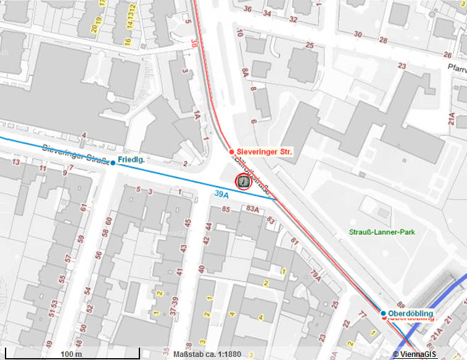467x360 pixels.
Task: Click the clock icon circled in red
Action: (243, 182)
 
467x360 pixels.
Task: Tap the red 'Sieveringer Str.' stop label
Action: (265, 151)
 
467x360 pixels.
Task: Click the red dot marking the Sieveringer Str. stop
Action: (231, 152)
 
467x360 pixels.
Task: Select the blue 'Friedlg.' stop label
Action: (131, 160)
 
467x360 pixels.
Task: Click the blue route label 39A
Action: (222, 194)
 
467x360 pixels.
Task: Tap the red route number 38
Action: (195, 44)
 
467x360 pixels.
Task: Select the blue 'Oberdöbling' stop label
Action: (410, 314)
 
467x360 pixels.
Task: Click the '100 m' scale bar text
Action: (72, 354)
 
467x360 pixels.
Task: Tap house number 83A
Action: (252, 210)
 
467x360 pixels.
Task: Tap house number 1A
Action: (196, 115)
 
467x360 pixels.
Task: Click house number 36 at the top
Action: (248, 9)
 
